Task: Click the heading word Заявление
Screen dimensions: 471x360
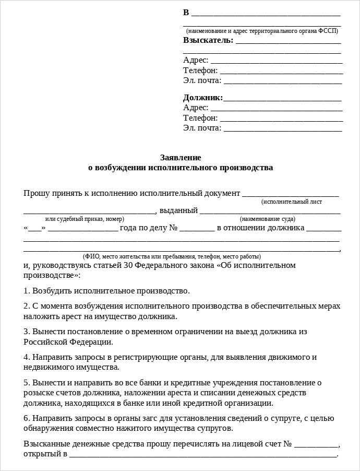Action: (x=180, y=157)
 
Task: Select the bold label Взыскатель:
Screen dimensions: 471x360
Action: (x=208, y=40)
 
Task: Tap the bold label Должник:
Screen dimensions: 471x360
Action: (x=203, y=98)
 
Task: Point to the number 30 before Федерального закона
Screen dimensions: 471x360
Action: (x=128, y=265)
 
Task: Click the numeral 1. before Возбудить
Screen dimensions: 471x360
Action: (x=27, y=290)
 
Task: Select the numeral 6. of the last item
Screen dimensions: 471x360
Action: (x=27, y=418)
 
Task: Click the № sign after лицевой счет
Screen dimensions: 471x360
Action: (x=286, y=444)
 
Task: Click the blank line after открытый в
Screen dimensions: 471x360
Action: (x=203, y=454)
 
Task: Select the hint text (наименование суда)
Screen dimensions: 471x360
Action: (x=267, y=219)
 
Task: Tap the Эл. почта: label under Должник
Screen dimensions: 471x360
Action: (x=202, y=128)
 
